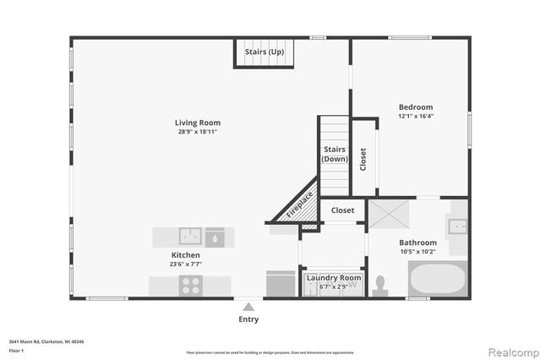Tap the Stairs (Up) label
[x=264, y=52]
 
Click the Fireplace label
[x=299, y=205]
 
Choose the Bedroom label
[x=416, y=107]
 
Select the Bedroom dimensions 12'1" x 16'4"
[x=416, y=117]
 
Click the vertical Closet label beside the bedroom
[x=363, y=160]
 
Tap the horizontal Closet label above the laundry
[x=342, y=210]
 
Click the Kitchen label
[x=186, y=254]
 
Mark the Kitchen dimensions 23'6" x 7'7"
[x=186, y=264]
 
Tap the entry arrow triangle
[x=248, y=305]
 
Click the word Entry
[x=248, y=319]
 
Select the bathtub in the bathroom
[x=436, y=278]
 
